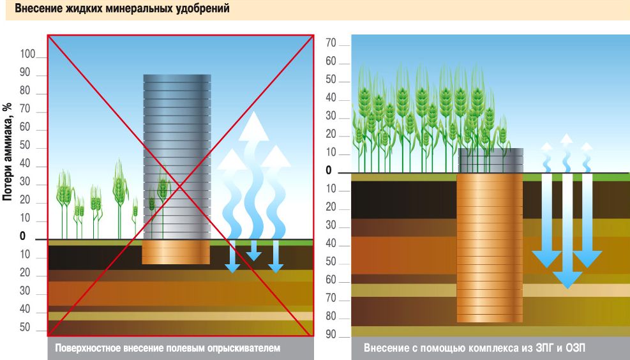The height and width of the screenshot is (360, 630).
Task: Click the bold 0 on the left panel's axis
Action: (x=22, y=236)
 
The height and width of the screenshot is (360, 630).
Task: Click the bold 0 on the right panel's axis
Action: (x=329, y=170)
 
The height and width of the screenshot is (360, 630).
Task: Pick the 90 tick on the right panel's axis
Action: (x=331, y=335)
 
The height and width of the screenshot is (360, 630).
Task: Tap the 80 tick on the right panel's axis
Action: (x=331, y=317)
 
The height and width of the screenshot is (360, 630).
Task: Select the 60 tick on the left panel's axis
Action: (x=26, y=128)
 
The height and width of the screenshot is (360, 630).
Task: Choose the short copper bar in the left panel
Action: (x=176, y=252)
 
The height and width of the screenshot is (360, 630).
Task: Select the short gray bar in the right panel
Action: (x=491, y=160)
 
